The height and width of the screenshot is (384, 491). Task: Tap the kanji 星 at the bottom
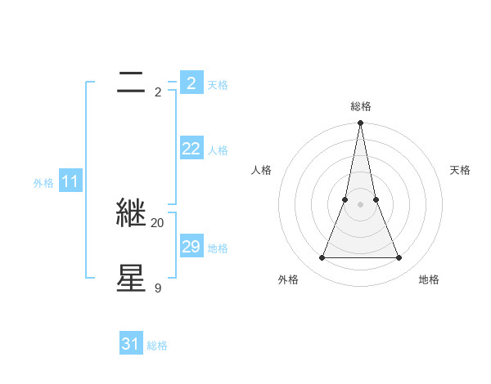coord(132,277)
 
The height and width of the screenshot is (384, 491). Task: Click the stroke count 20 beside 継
coord(158,222)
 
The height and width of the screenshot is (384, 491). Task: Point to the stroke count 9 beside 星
coord(158,288)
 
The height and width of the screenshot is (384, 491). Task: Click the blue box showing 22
coord(191,148)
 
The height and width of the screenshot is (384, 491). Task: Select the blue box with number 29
coord(191,246)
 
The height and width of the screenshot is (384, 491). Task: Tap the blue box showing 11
coord(70,181)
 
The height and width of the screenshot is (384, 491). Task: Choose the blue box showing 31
coord(131,344)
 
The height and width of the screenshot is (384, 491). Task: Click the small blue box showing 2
coord(191,83)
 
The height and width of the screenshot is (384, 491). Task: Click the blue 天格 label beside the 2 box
coord(218,85)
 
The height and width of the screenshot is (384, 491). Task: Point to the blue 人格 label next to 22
coord(218,150)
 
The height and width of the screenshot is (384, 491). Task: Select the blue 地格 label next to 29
coord(218,248)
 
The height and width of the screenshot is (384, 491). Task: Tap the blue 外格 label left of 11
coord(43,184)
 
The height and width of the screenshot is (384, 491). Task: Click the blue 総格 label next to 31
coord(157,346)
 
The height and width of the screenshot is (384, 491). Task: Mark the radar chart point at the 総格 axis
coord(360,123)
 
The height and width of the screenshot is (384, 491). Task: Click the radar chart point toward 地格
coord(399,258)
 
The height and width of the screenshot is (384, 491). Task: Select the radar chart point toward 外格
coord(322,258)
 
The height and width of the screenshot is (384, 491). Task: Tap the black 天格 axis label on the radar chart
coord(460,170)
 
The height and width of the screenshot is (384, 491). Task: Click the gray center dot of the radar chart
coord(360,204)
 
